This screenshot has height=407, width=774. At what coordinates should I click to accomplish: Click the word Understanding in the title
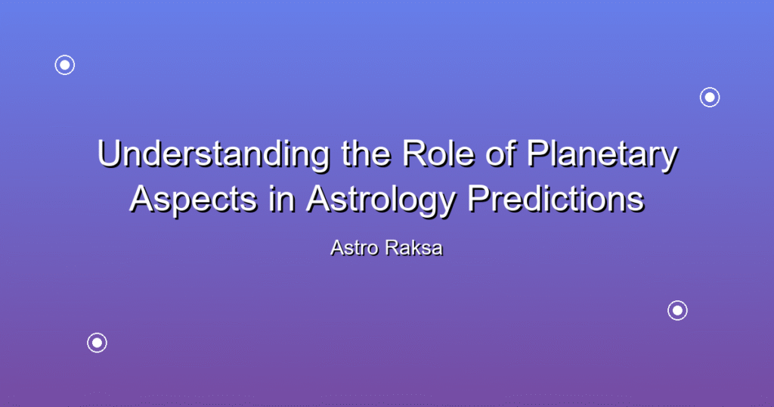coord(214,154)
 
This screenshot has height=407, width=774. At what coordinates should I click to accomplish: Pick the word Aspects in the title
coord(193,198)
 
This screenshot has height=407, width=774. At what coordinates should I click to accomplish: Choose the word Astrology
coord(381,200)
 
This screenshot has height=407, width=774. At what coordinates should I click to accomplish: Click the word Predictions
coord(556,198)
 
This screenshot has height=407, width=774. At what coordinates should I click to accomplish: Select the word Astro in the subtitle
coord(354,248)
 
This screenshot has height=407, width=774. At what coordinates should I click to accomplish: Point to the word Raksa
coord(414,248)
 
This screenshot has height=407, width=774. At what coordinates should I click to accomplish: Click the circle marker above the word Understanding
coord(65,65)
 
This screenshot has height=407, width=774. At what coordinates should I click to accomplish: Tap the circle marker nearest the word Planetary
coord(710,98)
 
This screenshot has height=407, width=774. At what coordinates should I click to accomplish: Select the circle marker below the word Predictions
coord(677,310)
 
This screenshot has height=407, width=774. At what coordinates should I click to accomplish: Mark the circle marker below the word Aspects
coord(98,343)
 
